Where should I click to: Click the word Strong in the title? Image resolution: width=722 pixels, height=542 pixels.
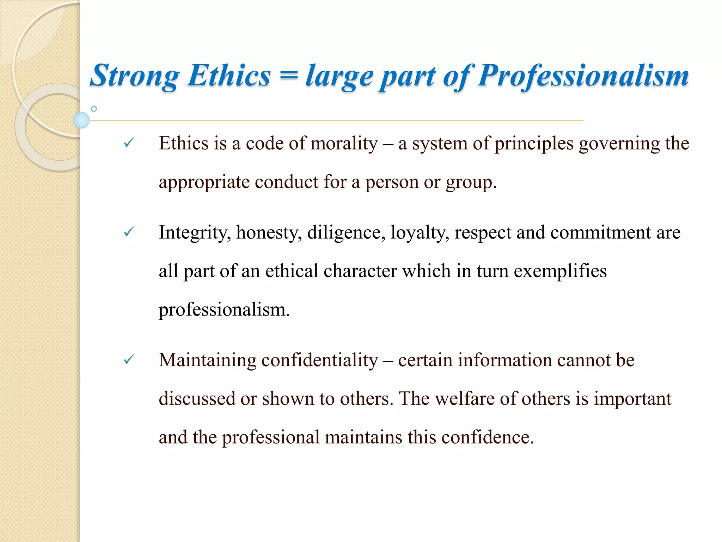click(x=134, y=76)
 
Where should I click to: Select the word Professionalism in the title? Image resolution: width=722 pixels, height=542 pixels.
click(x=583, y=76)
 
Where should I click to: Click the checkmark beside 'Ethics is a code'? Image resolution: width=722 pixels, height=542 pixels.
click(x=129, y=143)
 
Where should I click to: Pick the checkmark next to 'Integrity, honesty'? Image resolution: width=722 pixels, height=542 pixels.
click(x=129, y=232)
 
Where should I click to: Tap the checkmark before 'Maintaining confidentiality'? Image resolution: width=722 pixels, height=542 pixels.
click(x=129, y=360)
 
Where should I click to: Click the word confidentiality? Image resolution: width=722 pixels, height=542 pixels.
click(x=319, y=360)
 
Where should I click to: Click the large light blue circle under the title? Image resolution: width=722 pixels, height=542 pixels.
click(x=81, y=120)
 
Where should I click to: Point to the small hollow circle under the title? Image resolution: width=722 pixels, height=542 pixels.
click(x=94, y=109)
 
